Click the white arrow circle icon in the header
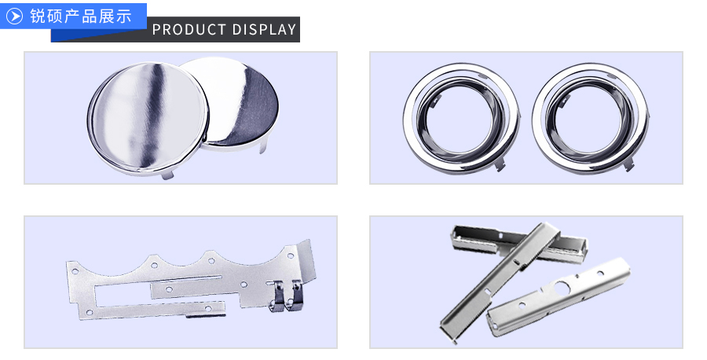click(x=14, y=17)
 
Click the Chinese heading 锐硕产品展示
click(x=81, y=17)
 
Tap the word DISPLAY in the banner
click(x=265, y=30)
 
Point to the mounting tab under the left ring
click(x=500, y=164)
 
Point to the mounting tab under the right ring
click(x=629, y=163)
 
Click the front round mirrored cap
click(x=148, y=119)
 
